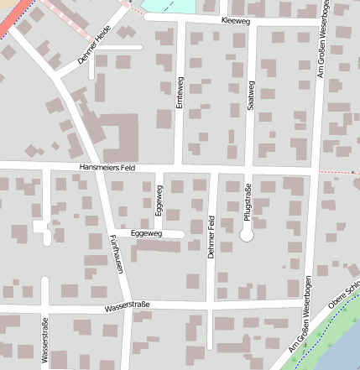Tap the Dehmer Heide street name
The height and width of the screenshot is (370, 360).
(94, 50)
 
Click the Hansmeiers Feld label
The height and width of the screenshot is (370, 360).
(107, 168)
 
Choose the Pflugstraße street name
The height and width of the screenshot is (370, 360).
(248, 204)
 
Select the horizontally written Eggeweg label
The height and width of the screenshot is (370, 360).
(147, 233)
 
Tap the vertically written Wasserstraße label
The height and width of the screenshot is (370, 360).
(44, 341)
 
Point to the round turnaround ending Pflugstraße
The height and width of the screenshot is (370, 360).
(247, 236)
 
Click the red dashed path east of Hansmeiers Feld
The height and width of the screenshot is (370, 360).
(341, 171)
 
